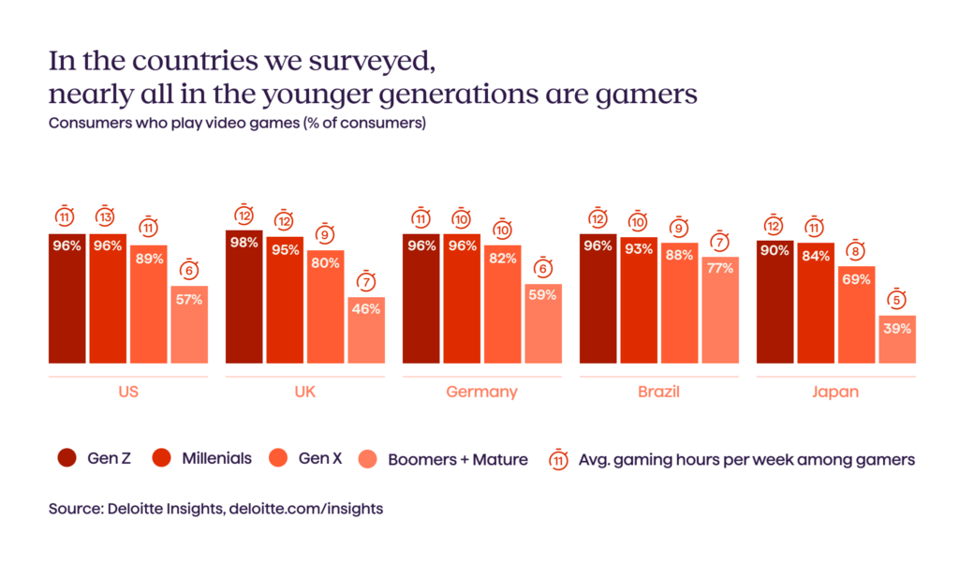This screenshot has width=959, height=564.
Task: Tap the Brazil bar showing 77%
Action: click(719, 310)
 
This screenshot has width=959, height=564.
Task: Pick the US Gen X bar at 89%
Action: click(148, 304)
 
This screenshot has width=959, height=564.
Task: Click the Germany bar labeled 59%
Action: click(542, 323)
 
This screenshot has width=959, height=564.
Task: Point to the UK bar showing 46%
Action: click(365, 331)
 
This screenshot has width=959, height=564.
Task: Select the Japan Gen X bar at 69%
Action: click(856, 315)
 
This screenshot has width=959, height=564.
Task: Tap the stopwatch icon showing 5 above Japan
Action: click(896, 299)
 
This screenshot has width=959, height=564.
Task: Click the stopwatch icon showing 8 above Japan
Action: click(856, 250)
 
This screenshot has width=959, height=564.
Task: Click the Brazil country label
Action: click(658, 392)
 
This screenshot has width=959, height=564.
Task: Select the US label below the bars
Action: click(128, 392)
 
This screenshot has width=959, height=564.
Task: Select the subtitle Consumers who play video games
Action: click(237, 124)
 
